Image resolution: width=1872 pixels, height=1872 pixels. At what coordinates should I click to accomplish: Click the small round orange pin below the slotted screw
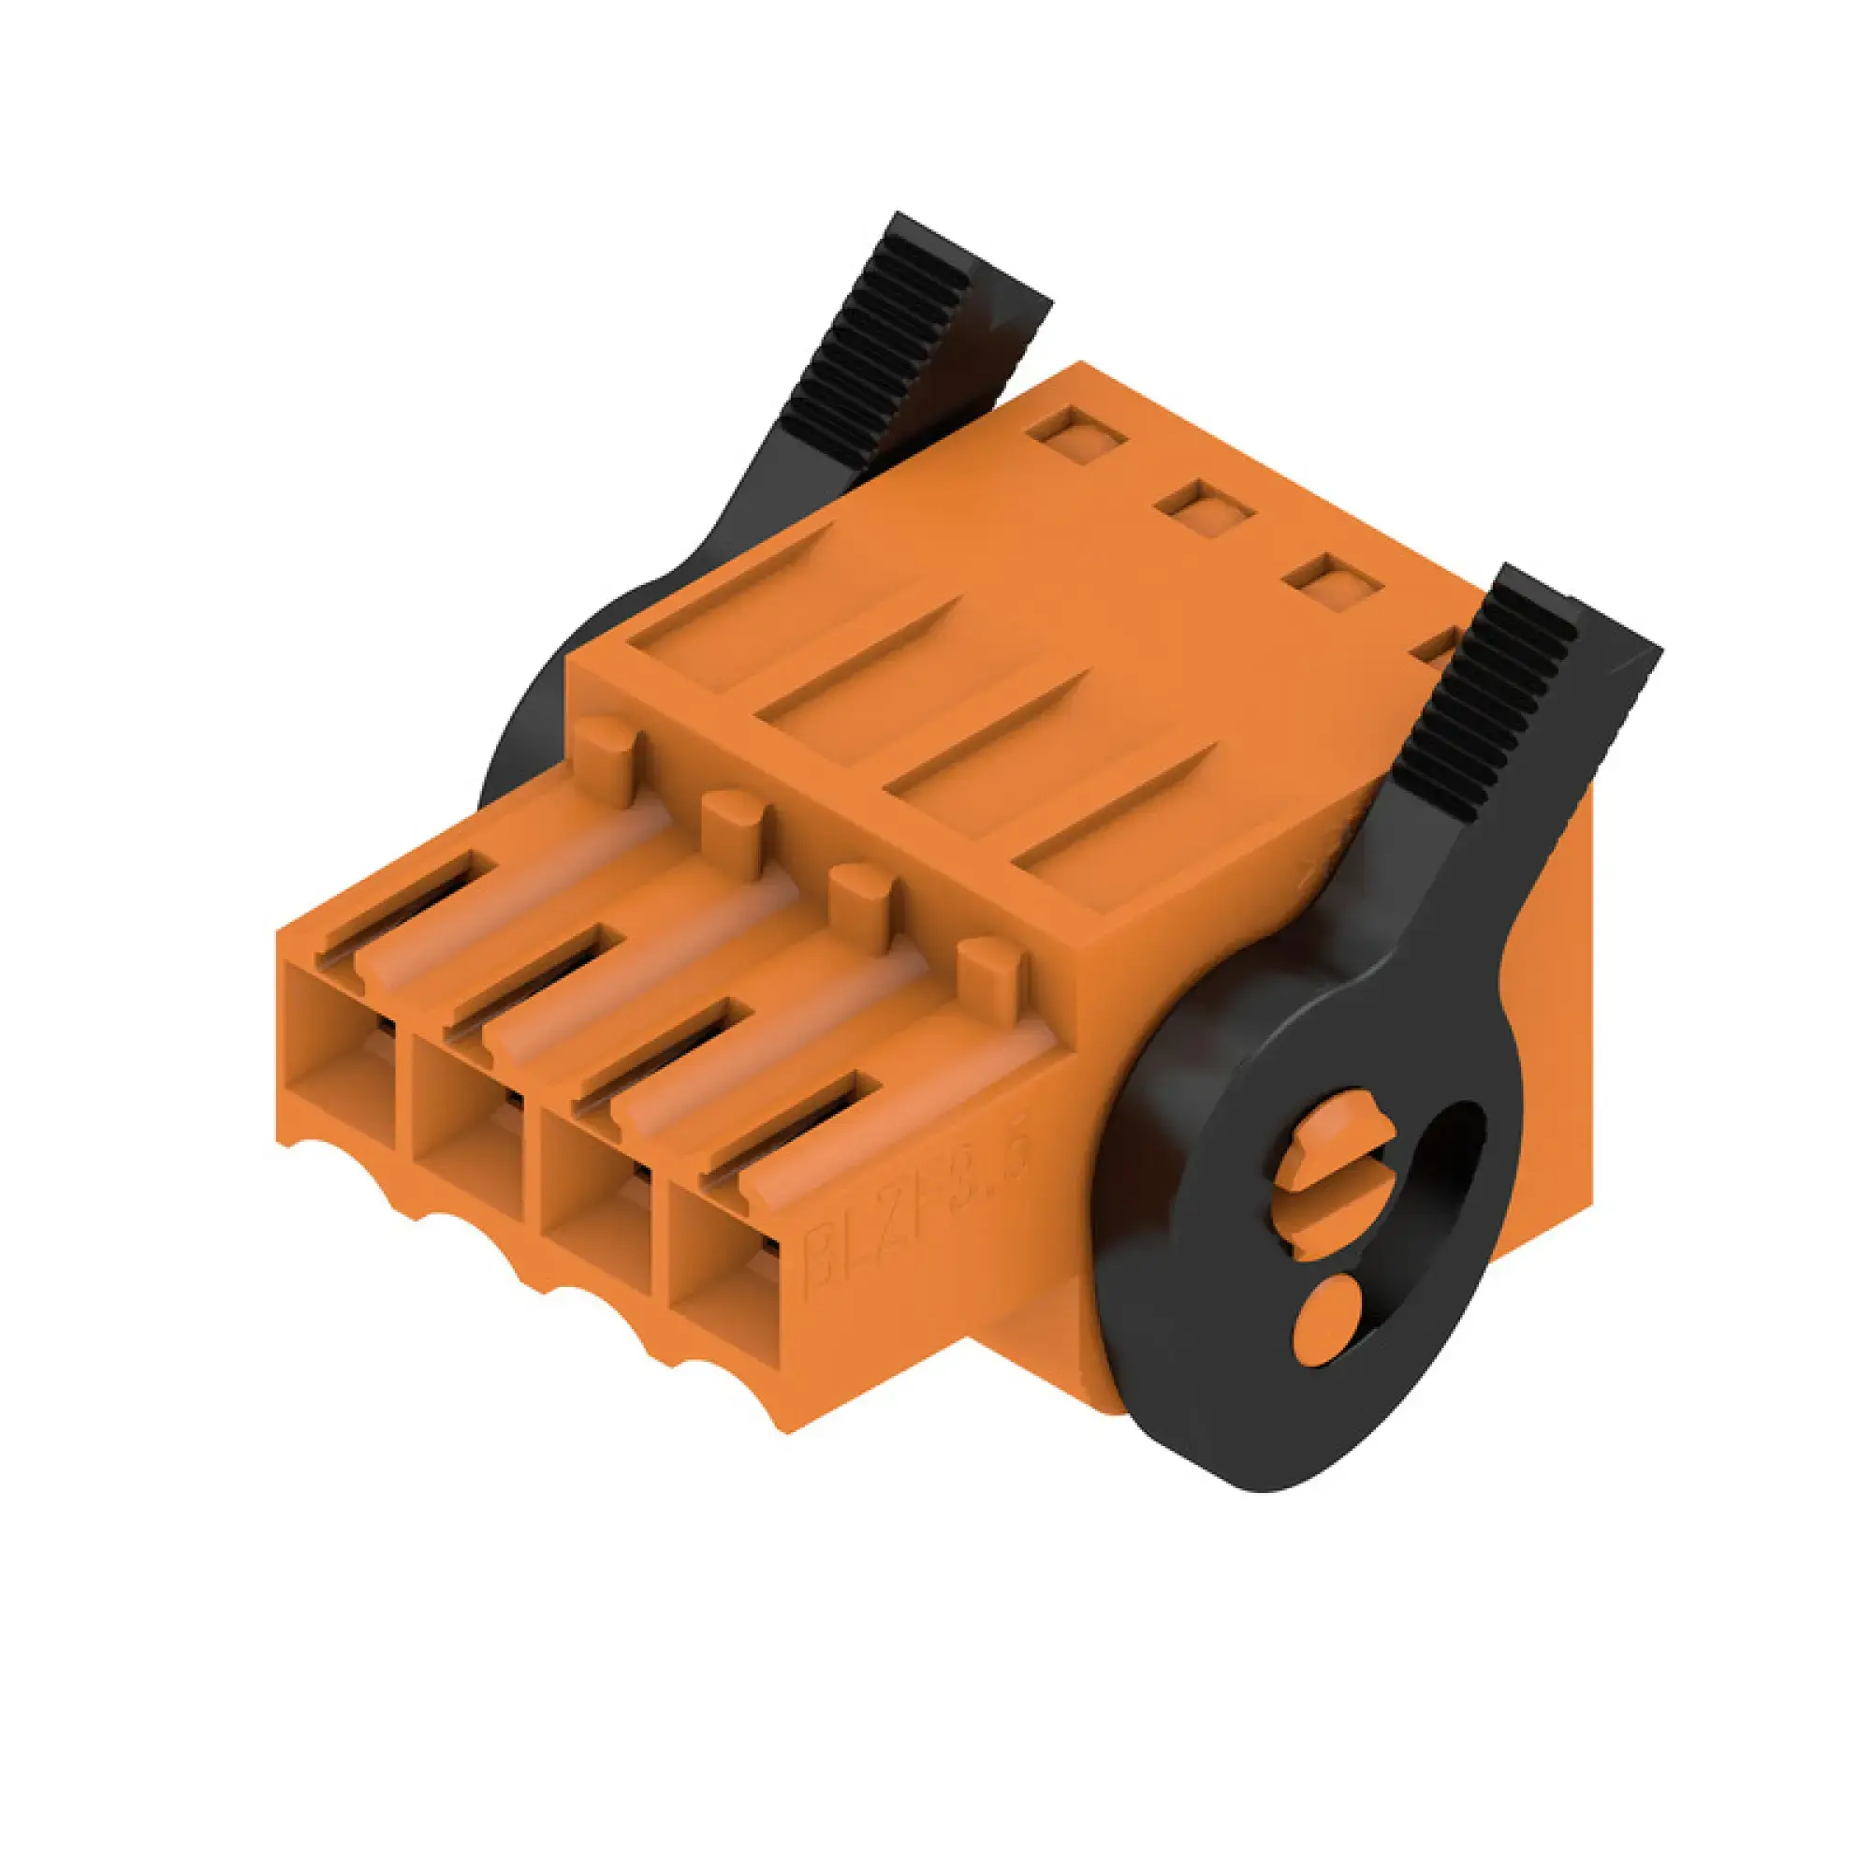[1328, 1320]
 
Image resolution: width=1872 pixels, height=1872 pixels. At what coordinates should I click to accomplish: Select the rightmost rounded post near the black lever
[990, 979]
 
